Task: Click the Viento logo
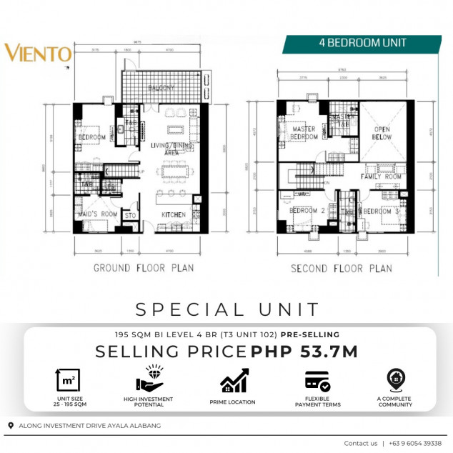point(38,54)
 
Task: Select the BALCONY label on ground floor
point(163,88)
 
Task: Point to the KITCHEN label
point(173,214)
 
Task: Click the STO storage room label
point(130,214)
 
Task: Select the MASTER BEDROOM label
point(304,133)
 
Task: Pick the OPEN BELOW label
point(382,134)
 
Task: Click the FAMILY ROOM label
point(382,176)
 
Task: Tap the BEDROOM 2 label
point(307,211)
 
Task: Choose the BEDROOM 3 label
point(379,211)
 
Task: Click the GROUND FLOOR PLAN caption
point(144,269)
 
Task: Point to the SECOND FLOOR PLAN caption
point(341,269)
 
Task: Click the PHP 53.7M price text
point(304,352)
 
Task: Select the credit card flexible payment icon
point(317,380)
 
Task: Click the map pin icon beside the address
point(10,426)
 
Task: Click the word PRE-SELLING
point(310,334)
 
